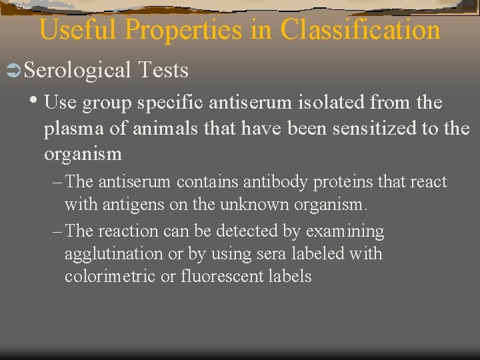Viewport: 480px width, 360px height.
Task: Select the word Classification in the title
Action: tap(361, 30)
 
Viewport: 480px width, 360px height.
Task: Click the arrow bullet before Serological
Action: tap(13, 70)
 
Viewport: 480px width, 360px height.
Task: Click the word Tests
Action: tap(163, 70)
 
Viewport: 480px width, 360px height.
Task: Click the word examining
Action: tap(345, 232)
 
